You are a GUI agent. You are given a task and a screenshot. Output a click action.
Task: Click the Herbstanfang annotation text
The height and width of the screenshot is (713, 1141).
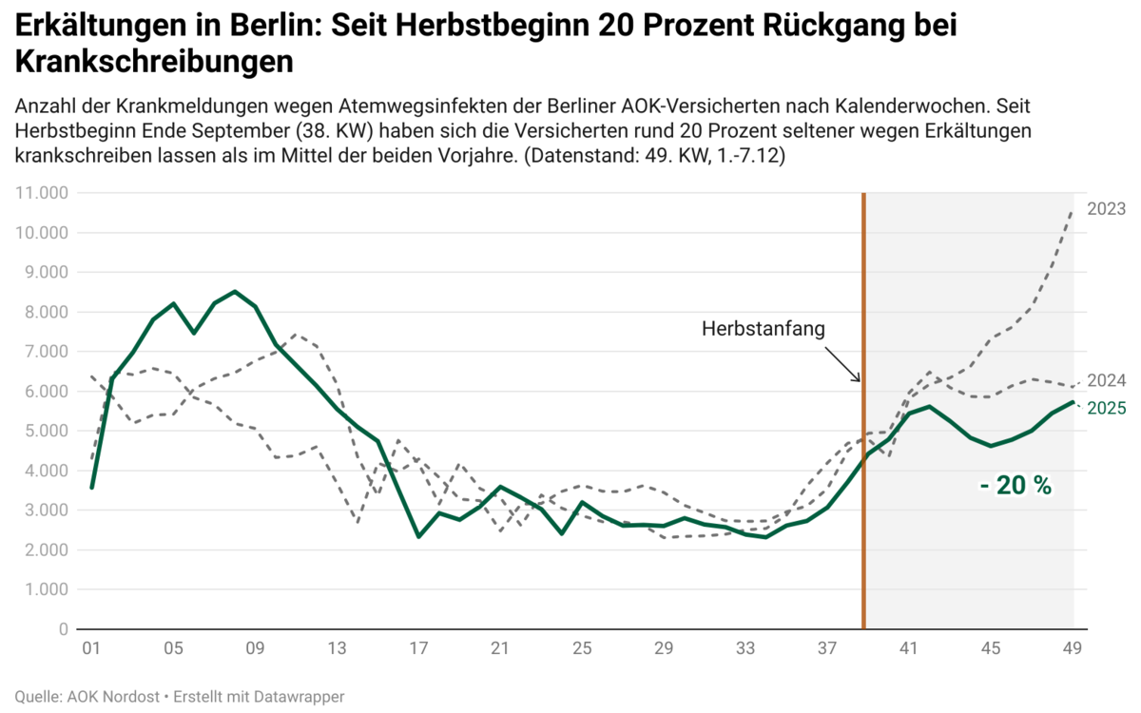[x=764, y=329]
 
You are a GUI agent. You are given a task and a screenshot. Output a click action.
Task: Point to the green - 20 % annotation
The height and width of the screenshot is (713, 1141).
[x=1016, y=486]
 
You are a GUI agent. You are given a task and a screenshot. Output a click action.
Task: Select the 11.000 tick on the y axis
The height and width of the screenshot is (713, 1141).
[x=41, y=193]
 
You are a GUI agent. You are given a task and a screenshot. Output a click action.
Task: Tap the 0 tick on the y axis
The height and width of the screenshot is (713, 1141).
[x=63, y=629]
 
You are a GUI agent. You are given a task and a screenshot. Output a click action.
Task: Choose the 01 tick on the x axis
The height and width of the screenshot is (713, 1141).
[x=91, y=649]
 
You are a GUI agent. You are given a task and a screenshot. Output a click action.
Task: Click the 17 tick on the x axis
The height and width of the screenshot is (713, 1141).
[x=418, y=649]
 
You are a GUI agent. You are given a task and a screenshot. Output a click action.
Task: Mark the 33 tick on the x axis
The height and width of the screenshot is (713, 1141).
[x=745, y=649]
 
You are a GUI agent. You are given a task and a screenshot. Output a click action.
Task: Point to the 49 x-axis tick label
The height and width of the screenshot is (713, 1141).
[x=1073, y=649]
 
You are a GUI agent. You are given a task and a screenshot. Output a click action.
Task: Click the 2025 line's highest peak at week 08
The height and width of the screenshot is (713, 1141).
[x=235, y=292]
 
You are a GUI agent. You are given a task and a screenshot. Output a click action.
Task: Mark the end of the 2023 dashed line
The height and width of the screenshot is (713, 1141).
[x=1073, y=211]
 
